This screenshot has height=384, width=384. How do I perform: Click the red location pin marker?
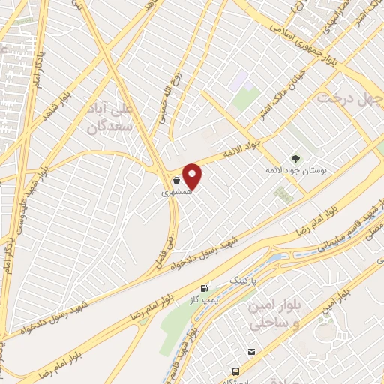click(193, 176)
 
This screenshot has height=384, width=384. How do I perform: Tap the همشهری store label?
click(181, 192)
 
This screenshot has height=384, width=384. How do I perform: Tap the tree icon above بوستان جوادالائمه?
click(295, 158)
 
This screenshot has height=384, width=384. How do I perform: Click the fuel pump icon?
click(202, 289)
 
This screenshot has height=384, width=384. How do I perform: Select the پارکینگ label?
click(241, 281)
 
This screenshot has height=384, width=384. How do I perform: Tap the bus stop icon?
click(236, 370)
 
